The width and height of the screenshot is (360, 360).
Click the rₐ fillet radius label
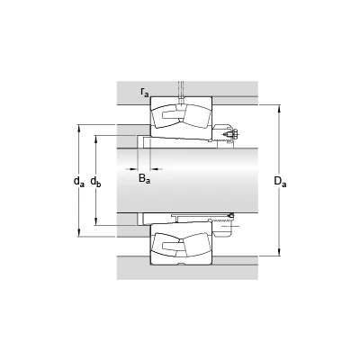(145, 92)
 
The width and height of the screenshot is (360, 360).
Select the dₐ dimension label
(79, 181)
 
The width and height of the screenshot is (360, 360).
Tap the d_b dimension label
(95, 181)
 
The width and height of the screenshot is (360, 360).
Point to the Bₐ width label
(144, 179)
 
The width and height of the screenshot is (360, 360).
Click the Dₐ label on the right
(280, 181)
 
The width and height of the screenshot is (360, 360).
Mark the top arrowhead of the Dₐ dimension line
(280, 108)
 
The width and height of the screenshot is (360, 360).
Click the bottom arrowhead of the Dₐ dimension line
(280, 252)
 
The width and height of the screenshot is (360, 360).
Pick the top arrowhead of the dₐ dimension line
(79, 128)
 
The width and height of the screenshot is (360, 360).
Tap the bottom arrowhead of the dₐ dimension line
(79, 233)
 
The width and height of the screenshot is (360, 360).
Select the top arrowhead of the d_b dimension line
(95, 139)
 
